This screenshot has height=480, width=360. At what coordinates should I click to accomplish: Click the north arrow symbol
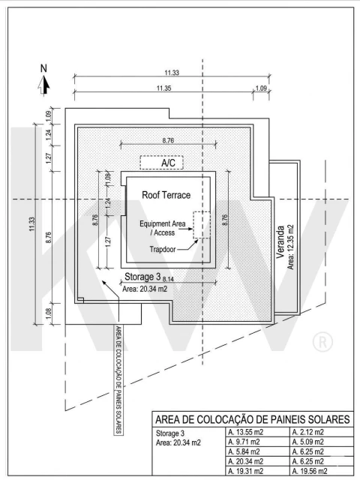[43, 85]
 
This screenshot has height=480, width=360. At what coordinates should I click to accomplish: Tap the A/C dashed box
[162, 162]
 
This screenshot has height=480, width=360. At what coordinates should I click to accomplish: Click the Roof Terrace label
[166, 195]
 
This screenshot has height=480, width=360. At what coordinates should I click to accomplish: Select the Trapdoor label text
[163, 249]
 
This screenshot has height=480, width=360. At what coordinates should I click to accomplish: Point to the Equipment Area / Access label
[163, 228]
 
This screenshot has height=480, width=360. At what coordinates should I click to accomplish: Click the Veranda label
[280, 241]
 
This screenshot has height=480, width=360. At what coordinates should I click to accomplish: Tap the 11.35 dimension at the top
[163, 88]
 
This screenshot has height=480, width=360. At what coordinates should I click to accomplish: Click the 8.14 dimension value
[168, 279]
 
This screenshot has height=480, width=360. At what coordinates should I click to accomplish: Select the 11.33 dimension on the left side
[32, 224]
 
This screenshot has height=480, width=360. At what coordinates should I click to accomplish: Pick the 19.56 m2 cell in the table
[310, 471]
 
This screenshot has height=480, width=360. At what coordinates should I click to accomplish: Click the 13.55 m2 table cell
[246, 432]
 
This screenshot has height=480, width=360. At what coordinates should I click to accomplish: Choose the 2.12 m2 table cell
[307, 432]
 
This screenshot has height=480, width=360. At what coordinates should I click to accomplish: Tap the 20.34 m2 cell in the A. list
[246, 461]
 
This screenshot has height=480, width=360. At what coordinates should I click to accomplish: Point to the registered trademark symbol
[322, 342]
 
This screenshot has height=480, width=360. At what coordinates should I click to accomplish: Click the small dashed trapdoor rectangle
[202, 225]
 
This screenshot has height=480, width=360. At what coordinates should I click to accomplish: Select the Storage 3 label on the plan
[142, 277]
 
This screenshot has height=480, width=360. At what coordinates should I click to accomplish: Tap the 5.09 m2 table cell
[307, 442]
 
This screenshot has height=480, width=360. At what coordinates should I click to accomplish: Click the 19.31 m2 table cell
[246, 471]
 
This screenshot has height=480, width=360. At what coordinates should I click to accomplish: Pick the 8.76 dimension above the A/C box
[168, 140]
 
